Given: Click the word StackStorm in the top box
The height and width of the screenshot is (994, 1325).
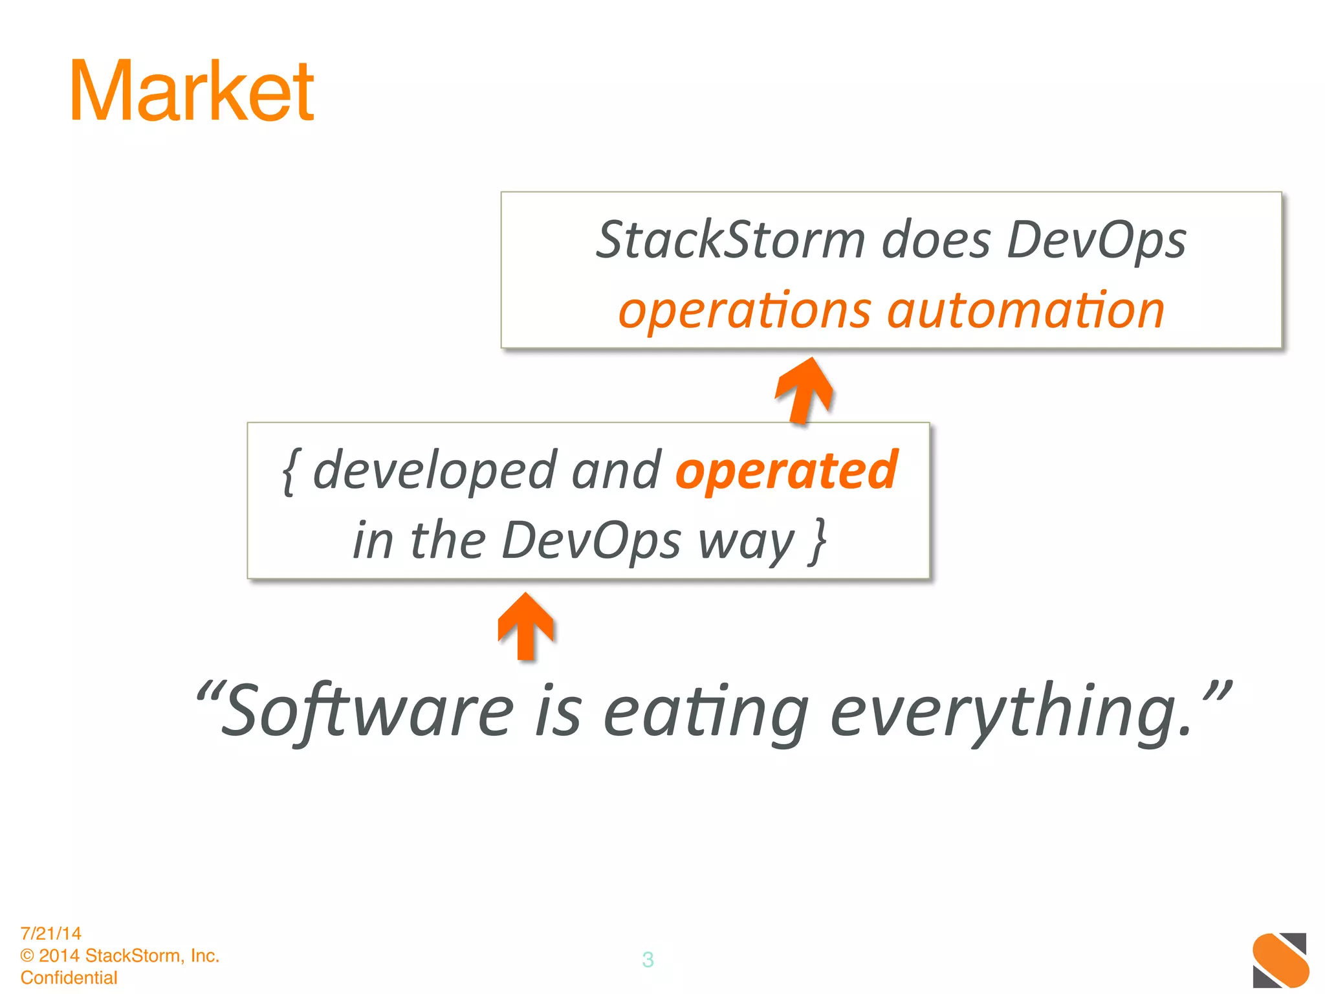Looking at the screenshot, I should click(x=730, y=240).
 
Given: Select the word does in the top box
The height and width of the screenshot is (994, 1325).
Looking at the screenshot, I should click(x=936, y=240).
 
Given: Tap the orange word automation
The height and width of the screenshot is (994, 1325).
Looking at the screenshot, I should click(x=1025, y=311).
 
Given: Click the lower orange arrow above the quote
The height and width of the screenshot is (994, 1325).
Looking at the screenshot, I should click(x=526, y=626).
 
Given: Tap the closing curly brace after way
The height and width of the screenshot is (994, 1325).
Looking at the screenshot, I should click(x=818, y=541).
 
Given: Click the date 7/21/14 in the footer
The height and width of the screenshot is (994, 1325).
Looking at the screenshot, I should click(x=50, y=933).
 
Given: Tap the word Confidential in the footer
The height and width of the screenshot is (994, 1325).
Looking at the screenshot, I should click(x=69, y=977).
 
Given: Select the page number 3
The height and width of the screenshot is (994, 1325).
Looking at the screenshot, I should click(x=648, y=959).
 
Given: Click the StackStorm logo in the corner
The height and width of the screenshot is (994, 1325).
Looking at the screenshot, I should click(x=1280, y=960).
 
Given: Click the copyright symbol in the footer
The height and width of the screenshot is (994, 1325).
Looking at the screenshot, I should click(x=27, y=956).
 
